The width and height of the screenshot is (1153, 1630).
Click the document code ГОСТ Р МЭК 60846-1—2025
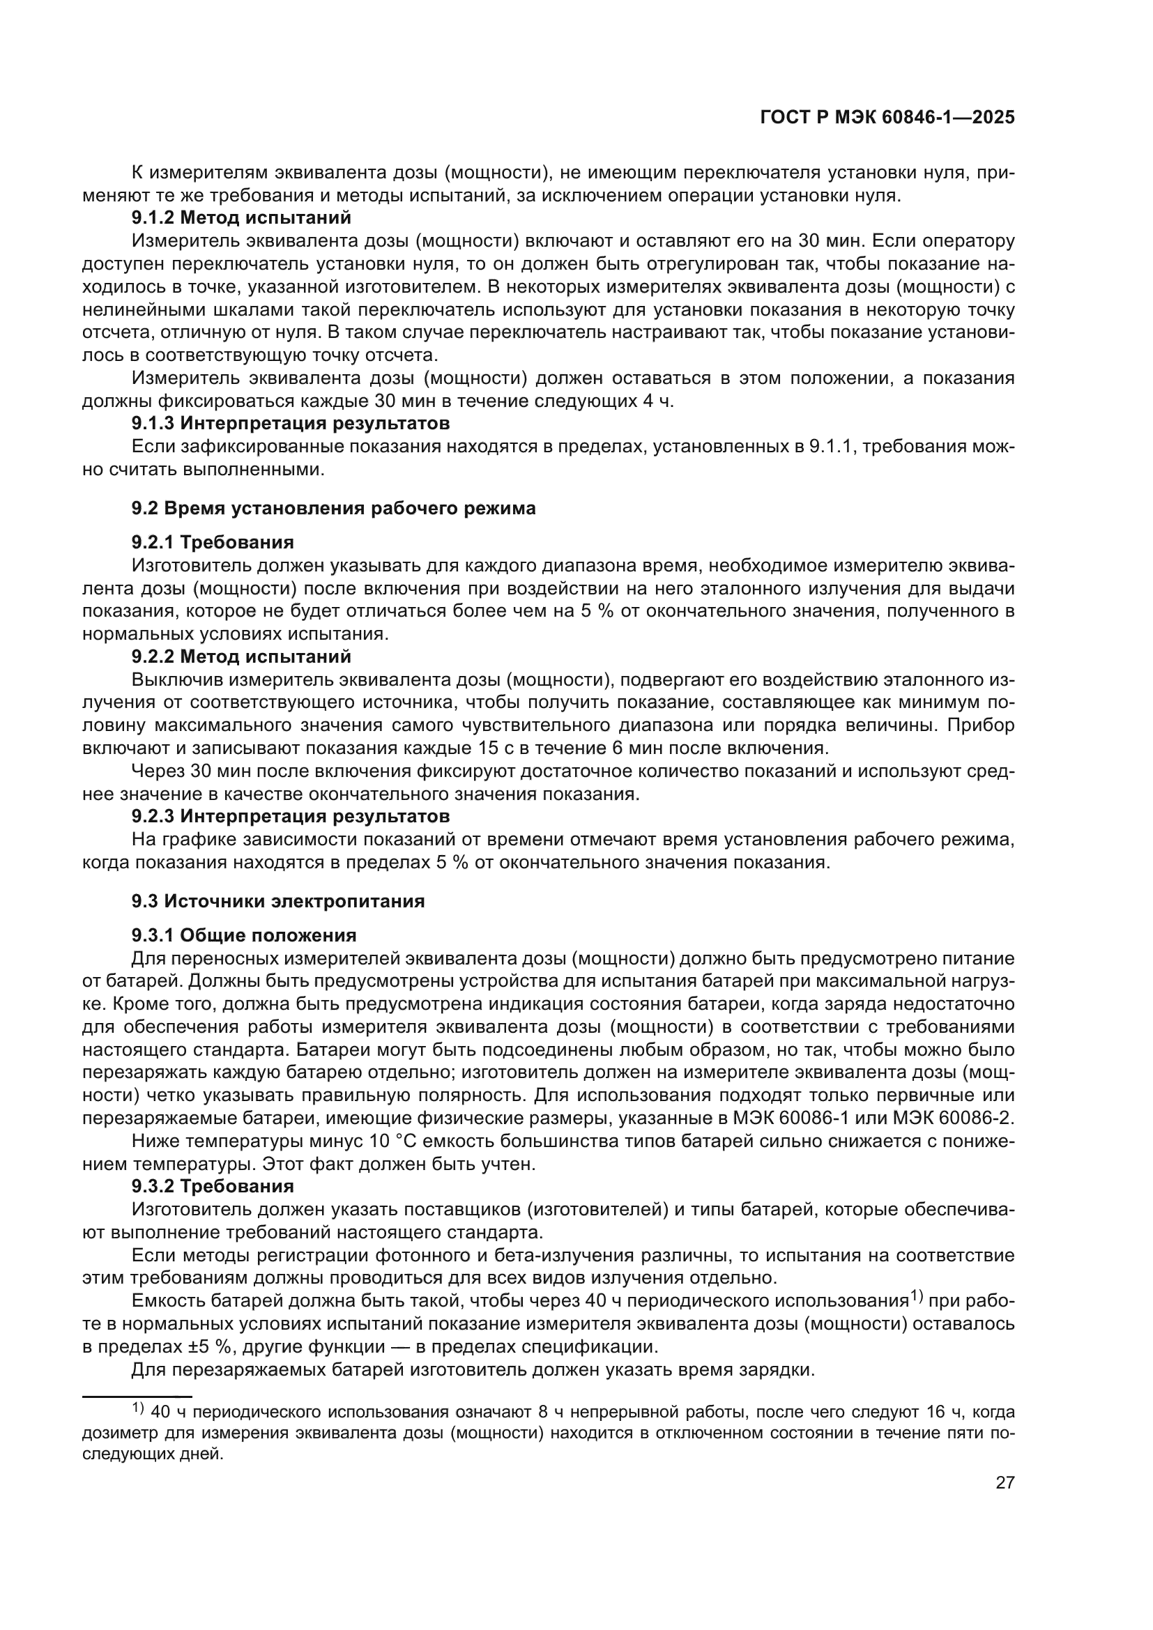[887, 118]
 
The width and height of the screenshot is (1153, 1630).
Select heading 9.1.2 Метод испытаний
[241, 218]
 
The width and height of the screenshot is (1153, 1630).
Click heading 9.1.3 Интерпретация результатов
[291, 424]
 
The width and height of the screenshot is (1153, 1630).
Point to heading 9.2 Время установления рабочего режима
[334, 508]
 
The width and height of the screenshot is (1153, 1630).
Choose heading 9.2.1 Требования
[213, 542]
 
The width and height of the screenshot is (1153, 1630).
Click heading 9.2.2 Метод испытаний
[241, 656]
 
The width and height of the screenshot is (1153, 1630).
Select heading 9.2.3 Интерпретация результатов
[291, 817]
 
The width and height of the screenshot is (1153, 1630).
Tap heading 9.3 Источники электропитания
[277, 902]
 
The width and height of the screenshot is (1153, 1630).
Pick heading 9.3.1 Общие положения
[243, 936]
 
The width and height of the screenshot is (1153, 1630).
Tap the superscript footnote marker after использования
[920, 1298]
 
